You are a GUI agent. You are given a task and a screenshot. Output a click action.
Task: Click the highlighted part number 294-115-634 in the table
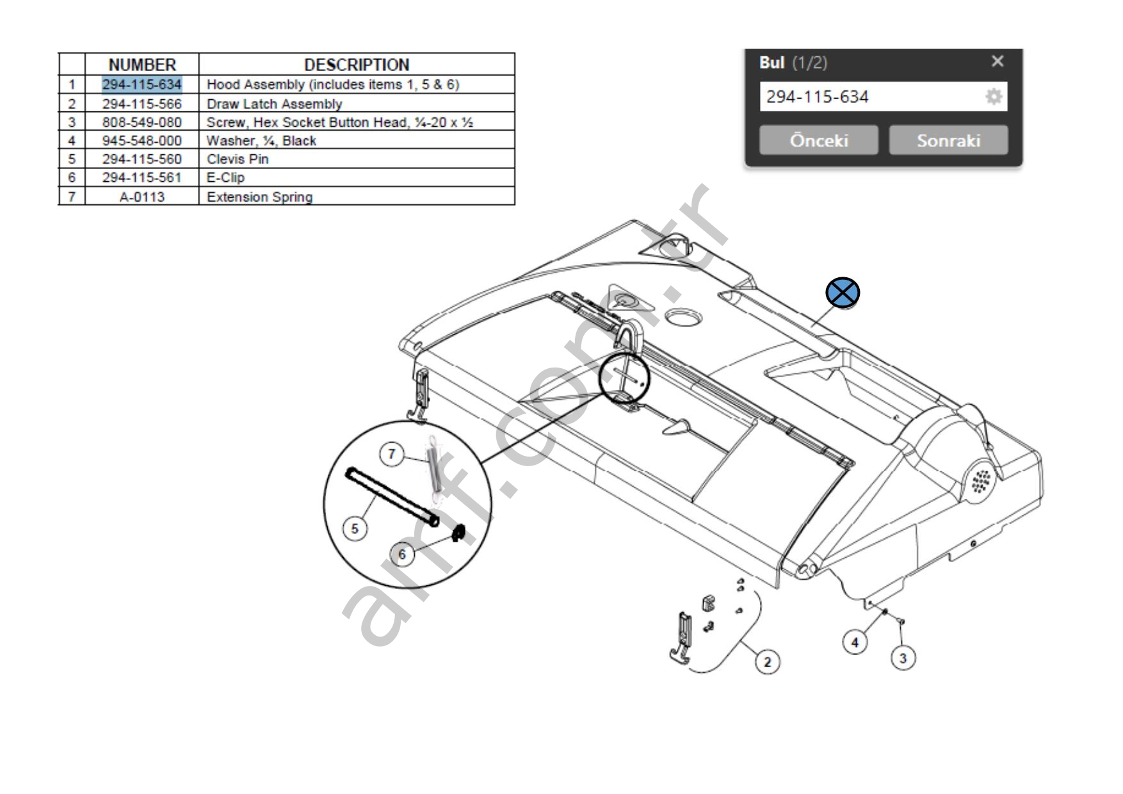click(x=142, y=85)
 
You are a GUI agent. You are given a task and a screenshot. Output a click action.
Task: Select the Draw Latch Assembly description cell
click(x=274, y=104)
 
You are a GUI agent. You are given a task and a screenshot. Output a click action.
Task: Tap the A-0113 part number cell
click(x=142, y=197)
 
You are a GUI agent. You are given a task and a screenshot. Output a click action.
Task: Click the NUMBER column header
click(x=142, y=65)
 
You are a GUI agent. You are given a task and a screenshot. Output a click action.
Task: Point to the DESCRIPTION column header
click(x=357, y=65)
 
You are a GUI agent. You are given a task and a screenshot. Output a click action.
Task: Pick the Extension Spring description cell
click(x=259, y=197)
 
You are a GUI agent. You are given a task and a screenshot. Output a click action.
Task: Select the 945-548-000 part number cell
click(x=142, y=141)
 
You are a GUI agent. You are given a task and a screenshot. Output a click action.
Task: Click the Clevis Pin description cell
click(x=238, y=159)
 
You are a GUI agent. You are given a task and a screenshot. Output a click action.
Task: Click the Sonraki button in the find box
click(x=948, y=140)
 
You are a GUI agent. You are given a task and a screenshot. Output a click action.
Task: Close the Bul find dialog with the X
click(x=997, y=61)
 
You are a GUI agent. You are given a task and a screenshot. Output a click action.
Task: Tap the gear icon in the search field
click(x=993, y=97)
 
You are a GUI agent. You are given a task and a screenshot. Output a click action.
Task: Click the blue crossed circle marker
click(x=843, y=293)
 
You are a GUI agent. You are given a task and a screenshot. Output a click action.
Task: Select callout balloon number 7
click(x=392, y=455)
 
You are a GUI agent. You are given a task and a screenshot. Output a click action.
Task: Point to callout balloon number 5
click(x=355, y=528)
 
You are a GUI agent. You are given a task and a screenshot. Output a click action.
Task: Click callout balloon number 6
click(x=402, y=555)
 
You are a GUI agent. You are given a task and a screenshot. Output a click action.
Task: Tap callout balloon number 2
click(x=768, y=661)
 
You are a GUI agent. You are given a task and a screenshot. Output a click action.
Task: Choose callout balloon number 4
click(x=855, y=642)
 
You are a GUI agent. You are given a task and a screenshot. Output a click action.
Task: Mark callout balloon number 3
click(x=903, y=658)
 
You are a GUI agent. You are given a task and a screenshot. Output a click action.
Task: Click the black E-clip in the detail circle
click(x=458, y=533)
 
